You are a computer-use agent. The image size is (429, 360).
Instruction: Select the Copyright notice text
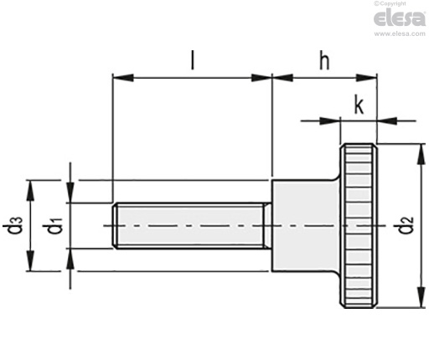pyautogui.click(x=404, y=4)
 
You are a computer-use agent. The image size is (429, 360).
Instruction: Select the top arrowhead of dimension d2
pyautogui.click(x=417, y=149)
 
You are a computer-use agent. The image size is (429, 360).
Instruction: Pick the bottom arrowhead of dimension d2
pyautogui.click(x=417, y=303)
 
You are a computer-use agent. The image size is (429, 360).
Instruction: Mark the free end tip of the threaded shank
pyautogui.click(x=114, y=226)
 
